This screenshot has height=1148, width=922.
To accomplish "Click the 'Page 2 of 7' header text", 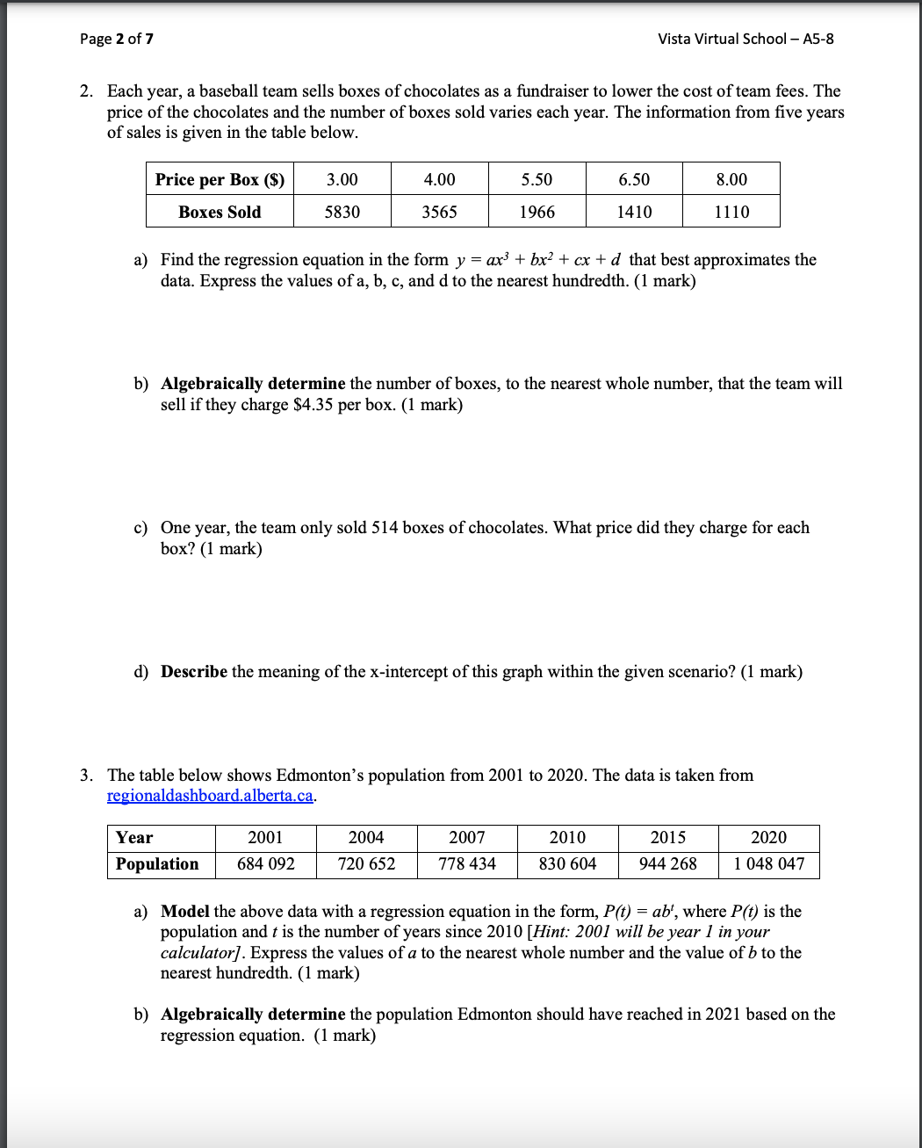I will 117,39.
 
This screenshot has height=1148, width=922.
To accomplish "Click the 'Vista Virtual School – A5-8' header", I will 746,39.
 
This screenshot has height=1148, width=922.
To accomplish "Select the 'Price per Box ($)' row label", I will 220,179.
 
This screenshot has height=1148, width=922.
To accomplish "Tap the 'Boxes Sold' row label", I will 220,212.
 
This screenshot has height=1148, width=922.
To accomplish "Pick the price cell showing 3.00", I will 342,179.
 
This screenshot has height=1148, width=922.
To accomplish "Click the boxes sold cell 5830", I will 342,212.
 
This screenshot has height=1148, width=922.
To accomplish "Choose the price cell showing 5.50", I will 537,179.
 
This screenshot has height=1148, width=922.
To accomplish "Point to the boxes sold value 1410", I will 634,212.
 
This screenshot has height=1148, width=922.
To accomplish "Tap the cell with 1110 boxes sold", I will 731,212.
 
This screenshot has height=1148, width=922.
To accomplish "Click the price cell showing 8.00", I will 731,179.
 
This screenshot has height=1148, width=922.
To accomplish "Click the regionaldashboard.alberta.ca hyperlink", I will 210,796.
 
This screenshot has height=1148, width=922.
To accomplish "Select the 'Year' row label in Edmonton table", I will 134,838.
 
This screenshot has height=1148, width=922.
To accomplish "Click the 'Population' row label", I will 157,864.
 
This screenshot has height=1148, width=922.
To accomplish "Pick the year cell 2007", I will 467,838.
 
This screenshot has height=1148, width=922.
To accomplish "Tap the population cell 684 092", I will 266,864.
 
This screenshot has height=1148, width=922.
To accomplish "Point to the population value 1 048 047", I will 769,864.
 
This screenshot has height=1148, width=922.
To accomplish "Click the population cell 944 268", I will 668,864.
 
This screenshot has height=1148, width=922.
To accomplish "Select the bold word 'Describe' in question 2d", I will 193,672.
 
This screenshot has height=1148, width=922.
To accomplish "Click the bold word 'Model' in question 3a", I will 184,912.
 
